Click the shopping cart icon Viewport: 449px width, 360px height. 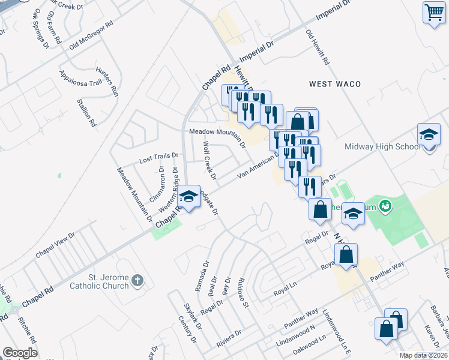click(433, 12)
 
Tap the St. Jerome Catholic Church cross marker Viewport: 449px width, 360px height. click(137, 280)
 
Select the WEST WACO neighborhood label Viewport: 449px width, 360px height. click(335, 84)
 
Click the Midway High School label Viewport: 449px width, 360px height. click(382, 147)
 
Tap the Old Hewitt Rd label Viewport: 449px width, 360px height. click(318, 48)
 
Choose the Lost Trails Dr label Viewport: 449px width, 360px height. click(159, 158)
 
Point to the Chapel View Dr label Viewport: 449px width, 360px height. click(55, 245)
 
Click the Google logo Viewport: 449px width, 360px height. click(20, 353)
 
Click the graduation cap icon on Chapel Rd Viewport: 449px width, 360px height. click(188, 197)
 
